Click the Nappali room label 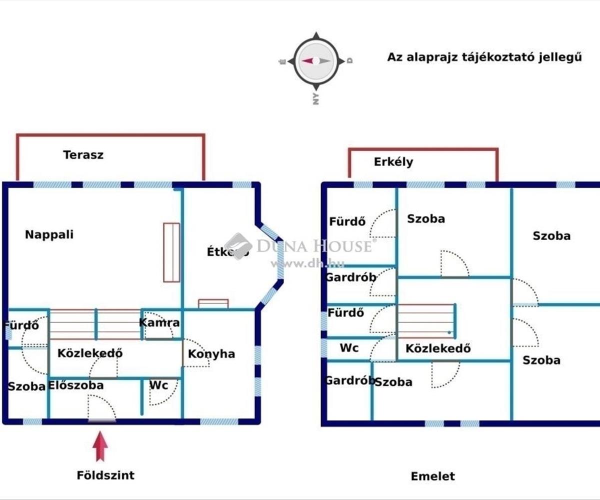[49, 234]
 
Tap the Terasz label [83, 154]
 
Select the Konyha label [211, 354]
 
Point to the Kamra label [159, 322]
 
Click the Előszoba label [76, 385]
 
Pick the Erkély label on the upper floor [393, 162]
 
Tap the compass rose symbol [316, 60]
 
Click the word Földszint [105, 475]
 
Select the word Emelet [433, 476]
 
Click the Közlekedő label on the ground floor [90, 353]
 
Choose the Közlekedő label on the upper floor [438, 348]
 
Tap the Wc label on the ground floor [158, 385]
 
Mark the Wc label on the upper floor [349, 348]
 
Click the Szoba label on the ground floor [26, 386]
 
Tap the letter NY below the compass [315, 99]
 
